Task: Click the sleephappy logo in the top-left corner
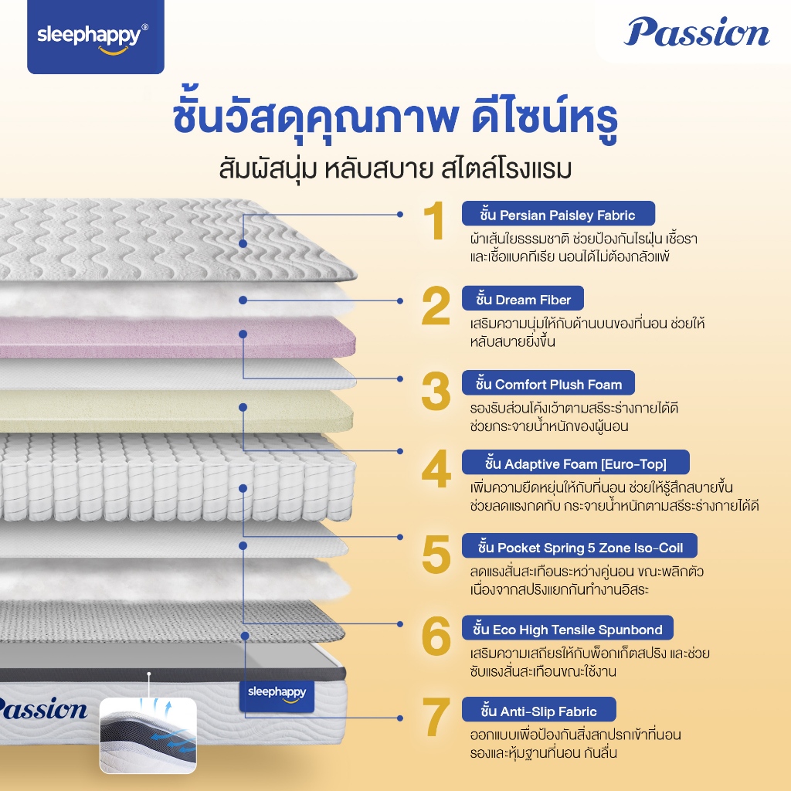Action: [95, 37]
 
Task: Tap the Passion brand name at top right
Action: [697, 32]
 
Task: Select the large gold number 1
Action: [434, 220]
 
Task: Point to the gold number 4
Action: [436, 469]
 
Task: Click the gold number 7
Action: [436, 717]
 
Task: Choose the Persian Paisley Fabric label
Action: [558, 214]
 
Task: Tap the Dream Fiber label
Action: [523, 299]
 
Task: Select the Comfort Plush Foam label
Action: [548, 383]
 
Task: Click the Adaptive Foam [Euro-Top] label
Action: [575, 463]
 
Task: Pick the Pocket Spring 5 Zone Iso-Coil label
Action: [579, 546]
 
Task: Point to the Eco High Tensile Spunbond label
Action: [568, 629]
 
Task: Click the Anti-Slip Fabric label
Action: [538, 711]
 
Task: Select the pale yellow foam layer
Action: [177, 411]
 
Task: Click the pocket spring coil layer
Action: [177, 477]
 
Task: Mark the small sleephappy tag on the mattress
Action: [277, 695]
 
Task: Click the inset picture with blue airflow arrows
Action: [148, 735]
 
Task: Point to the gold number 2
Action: [436, 305]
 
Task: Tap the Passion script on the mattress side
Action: [43, 709]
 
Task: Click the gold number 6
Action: [436, 635]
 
